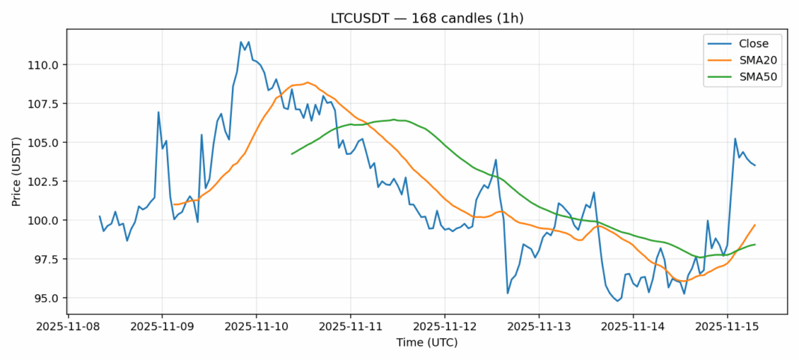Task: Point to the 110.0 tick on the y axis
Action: pyautogui.click(x=45, y=64)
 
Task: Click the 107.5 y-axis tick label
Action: pyautogui.click(x=45, y=103)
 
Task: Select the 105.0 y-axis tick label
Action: pyautogui.click(x=45, y=142)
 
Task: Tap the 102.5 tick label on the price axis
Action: pyautogui.click(x=45, y=181)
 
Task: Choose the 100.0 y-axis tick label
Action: pyautogui.click(x=45, y=220)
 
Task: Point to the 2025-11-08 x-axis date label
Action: pyautogui.click(x=68, y=326)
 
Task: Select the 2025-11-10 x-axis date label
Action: pyautogui.click(x=256, y=326)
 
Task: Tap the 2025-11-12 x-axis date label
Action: pyautogui.click(x=444, y=326)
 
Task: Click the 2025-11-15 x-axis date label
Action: pyautogui.click(x=727, y=326)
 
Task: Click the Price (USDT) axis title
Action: pyautogui.click(x=18, y=171)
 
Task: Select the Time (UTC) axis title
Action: pyautogui.click(x=426, y=343)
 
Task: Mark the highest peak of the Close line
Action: pyautogui.click(x=241, y=42)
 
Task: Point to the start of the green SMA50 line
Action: pyautogui.click(x=292, y=153)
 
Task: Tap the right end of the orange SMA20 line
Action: pyautogui.click(x=755, y=225)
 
